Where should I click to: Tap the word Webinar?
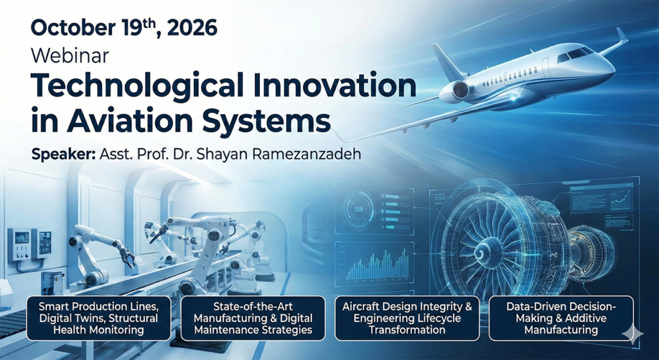[x=70, y=55]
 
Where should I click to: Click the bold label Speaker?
[x=64, y=155]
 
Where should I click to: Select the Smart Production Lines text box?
[x=98, y=318]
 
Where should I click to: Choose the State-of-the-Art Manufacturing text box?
[x=252, y=318]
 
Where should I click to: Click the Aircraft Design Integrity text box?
[x=407, y=318]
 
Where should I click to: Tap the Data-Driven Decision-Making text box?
[x=561, y=318]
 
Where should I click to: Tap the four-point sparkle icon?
[x=632, y=334]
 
